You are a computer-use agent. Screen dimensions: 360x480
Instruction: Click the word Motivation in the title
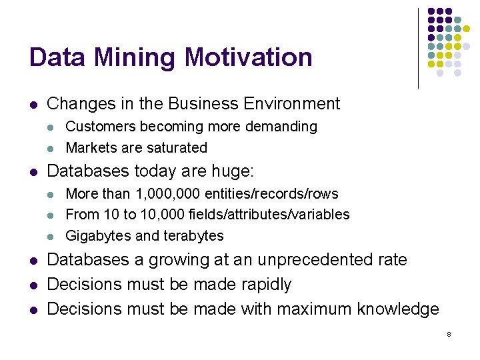[x=248, y=57]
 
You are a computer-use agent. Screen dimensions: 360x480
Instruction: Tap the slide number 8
[x=449, y=334]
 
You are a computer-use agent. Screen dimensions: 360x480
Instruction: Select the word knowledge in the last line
[x=398, y=309]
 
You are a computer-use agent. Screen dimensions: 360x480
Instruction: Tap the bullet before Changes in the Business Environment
[x=33, y=105]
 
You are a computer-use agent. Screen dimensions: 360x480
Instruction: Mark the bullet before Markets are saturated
[x=52, y=148]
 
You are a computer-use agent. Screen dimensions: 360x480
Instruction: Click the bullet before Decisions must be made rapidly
[x=33, y=285]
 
